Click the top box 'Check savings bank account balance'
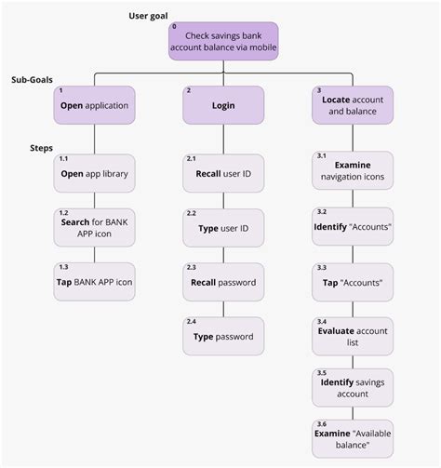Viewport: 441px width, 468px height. point(223,42)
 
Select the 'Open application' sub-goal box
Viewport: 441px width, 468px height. point(95,106)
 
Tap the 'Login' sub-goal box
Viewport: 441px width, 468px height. point(223,106)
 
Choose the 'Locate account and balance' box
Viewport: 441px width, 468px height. point(353,106)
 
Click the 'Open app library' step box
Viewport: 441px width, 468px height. point(95,174)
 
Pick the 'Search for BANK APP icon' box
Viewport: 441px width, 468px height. point(95,228)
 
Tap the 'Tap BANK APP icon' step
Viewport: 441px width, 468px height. point(95,282)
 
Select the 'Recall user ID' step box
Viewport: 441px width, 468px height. point(223,174)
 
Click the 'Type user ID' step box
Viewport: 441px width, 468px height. point(223,228)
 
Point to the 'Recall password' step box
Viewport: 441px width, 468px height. point(223,282)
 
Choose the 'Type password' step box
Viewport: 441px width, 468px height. point(223,336)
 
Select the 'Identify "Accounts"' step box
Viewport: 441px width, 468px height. point(353,226)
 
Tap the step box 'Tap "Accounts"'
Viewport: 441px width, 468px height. point(353,282)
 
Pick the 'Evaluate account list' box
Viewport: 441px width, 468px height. point(353,336)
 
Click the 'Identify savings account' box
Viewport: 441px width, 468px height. point(353,388)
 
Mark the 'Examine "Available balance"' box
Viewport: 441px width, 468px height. point(353,438)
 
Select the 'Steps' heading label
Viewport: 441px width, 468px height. point(42,148)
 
